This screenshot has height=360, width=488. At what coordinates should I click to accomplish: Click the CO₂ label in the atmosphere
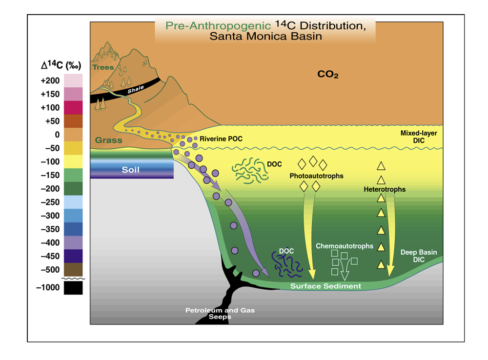(328, 74)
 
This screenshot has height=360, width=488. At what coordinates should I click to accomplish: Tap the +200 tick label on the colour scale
(50, 80)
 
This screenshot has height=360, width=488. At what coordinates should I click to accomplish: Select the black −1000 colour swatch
(74, 288)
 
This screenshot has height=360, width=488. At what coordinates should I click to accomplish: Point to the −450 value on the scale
(50, 256)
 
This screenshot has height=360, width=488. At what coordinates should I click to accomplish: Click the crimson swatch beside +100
(74, 107)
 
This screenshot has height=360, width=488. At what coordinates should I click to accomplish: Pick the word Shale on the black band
(136, 90)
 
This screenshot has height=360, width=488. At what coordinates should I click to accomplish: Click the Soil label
(130, 170)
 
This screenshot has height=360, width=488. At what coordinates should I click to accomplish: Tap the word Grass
(109, 140)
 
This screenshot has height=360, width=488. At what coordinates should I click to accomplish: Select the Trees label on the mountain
(103, 67)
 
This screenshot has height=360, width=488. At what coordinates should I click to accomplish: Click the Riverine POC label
(221, 139)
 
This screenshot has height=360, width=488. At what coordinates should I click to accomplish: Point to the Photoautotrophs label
(317, 176)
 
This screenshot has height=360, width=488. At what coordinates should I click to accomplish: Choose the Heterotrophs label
(385, 189)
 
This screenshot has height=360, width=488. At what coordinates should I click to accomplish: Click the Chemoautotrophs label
(345, 246)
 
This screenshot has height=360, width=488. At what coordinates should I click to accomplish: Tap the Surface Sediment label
(325, 286)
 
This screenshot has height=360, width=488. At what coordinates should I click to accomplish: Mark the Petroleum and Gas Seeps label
(220, 313)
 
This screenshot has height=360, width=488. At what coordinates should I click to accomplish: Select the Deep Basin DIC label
(419, 256)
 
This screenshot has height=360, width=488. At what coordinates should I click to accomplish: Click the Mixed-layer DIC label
(419, 137)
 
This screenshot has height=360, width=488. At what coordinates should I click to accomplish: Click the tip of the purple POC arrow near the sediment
(269, 277)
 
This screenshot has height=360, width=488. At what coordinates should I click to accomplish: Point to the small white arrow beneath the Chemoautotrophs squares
(345, 269)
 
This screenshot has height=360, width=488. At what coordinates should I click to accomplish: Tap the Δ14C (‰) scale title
(61, 65)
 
